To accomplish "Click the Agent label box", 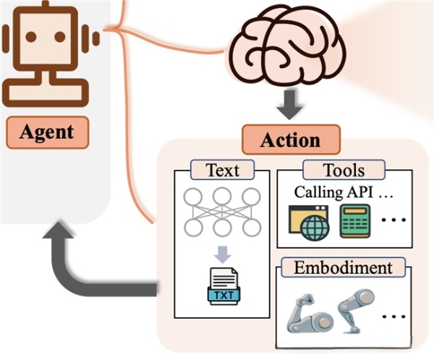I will point(46,132).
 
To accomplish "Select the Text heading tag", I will point(223,171).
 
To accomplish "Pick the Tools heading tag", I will point(344,171).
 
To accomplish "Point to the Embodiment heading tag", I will point(344,267).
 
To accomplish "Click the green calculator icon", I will point(355,221).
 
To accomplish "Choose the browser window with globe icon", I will point(310,222).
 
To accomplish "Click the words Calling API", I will point(331,193).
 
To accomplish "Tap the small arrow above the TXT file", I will point(222,254).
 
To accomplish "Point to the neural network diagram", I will point(222,211).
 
